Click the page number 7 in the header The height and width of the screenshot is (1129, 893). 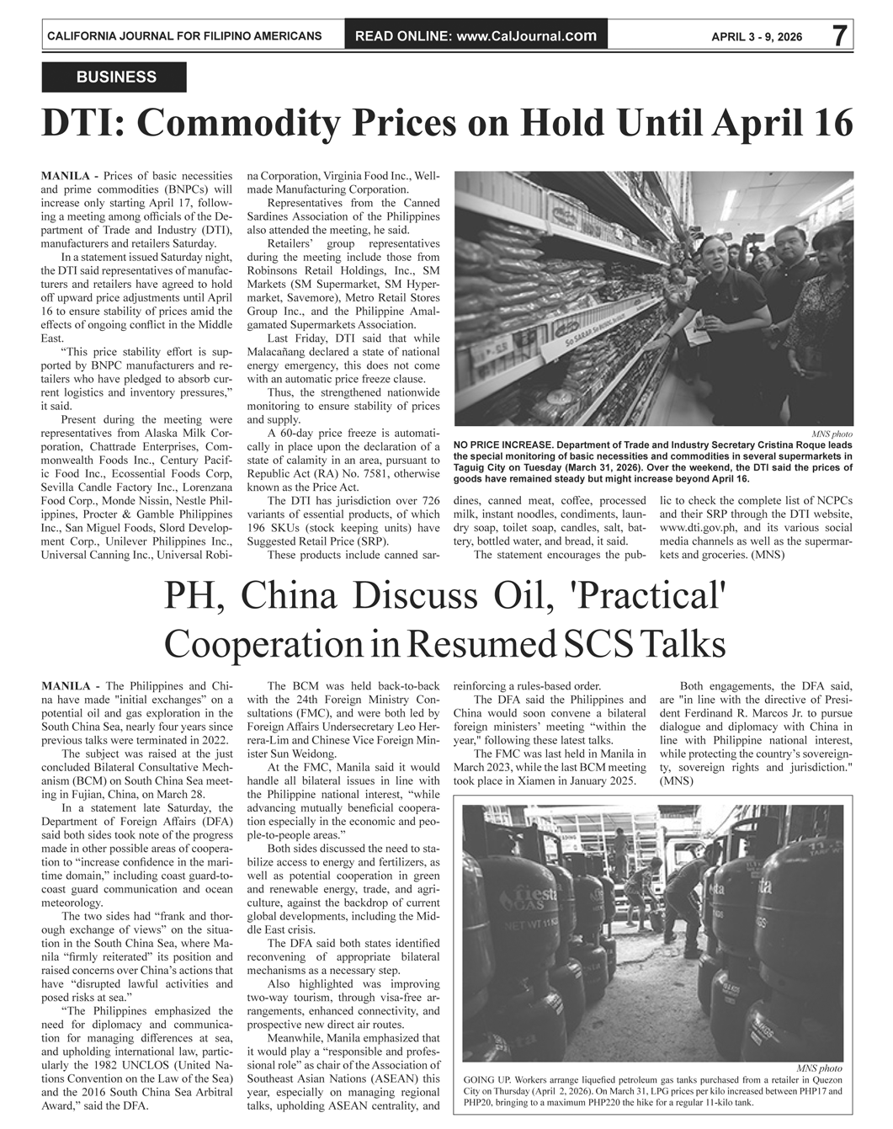[x=839, y=35]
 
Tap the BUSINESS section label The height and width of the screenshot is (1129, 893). [x=116, y=77]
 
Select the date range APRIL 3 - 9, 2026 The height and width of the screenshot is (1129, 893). [x=757, y=37]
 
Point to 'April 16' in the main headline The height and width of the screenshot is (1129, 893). [x=784, y=123]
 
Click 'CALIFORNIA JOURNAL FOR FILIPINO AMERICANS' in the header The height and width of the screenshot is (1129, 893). [x=184, y=36]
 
